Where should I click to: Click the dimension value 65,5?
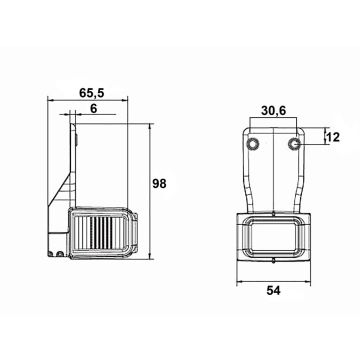coord(95,92)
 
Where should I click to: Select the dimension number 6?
coord(93,110)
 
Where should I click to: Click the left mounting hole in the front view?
coord(256,146)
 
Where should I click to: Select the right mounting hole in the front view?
coord(294,146)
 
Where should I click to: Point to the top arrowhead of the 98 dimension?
coord(151,125)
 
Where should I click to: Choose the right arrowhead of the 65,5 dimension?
coord(147,99)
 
